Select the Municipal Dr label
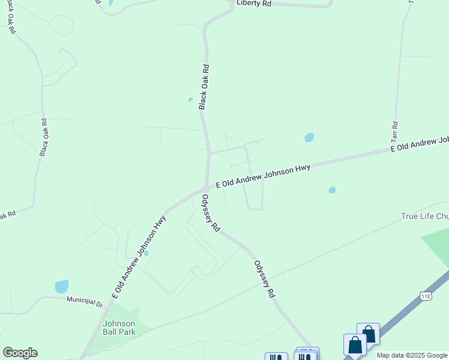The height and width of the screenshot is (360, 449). [x=85, y=301]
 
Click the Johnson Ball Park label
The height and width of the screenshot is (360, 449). [x=119, y=327]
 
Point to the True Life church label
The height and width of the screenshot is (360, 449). [x=424, y=216]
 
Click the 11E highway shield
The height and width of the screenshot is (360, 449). [x=426, y=296]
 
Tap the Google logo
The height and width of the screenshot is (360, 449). [x=20, y=353]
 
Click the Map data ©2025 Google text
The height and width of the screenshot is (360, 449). [x=412, y=355]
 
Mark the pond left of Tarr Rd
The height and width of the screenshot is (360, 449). [x=309, y=137]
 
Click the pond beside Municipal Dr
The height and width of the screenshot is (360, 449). [x=61, y=286]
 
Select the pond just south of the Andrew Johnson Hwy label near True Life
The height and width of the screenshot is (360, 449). [x=332, y=190]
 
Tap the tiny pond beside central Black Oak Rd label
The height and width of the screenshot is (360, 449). [x=190, y=100]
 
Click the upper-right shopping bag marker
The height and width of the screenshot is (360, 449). [x=368, y=334]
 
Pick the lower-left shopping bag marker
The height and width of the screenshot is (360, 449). [x=355, y=345]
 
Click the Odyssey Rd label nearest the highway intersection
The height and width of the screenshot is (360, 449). [x=211, y=214]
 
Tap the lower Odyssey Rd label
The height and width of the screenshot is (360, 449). [x=264, y=279]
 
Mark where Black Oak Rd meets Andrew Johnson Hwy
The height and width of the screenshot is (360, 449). [x=207, y=187]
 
